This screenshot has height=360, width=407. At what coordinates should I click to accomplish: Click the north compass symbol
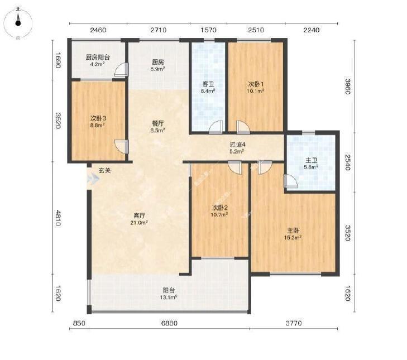[18, 23]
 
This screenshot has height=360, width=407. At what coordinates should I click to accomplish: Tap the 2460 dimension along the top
[98, 30]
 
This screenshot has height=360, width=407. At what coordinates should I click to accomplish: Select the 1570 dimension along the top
[208, 30]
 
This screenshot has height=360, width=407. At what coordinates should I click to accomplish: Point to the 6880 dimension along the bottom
[169, 323]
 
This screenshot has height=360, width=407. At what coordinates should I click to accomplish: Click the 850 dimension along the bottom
[79, 323]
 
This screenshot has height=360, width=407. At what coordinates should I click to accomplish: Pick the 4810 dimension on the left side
[58, 218]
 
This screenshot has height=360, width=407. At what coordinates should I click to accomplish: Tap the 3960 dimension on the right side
[348, 86]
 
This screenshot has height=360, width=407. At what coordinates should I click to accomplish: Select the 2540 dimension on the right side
[348, 162]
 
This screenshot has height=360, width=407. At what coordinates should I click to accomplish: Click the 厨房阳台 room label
[98, 57]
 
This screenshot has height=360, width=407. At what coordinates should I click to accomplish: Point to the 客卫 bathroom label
[208, 84]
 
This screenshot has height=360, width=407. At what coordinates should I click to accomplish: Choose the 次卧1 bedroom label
[256, 84]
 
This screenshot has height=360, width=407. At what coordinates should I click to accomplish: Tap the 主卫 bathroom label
[311, 160]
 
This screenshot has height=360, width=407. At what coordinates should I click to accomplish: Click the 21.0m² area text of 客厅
[140, 223]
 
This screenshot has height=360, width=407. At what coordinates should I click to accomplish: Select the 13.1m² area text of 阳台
[169, 297]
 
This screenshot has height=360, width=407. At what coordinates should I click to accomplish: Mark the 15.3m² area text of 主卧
[293, 238]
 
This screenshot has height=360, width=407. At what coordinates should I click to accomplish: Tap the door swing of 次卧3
[122, 147]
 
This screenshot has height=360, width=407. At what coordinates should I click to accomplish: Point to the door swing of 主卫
[291, 181]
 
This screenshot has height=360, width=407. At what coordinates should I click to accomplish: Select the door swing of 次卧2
[235, 167]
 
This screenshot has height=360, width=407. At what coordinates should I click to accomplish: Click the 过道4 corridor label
[237, 145]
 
